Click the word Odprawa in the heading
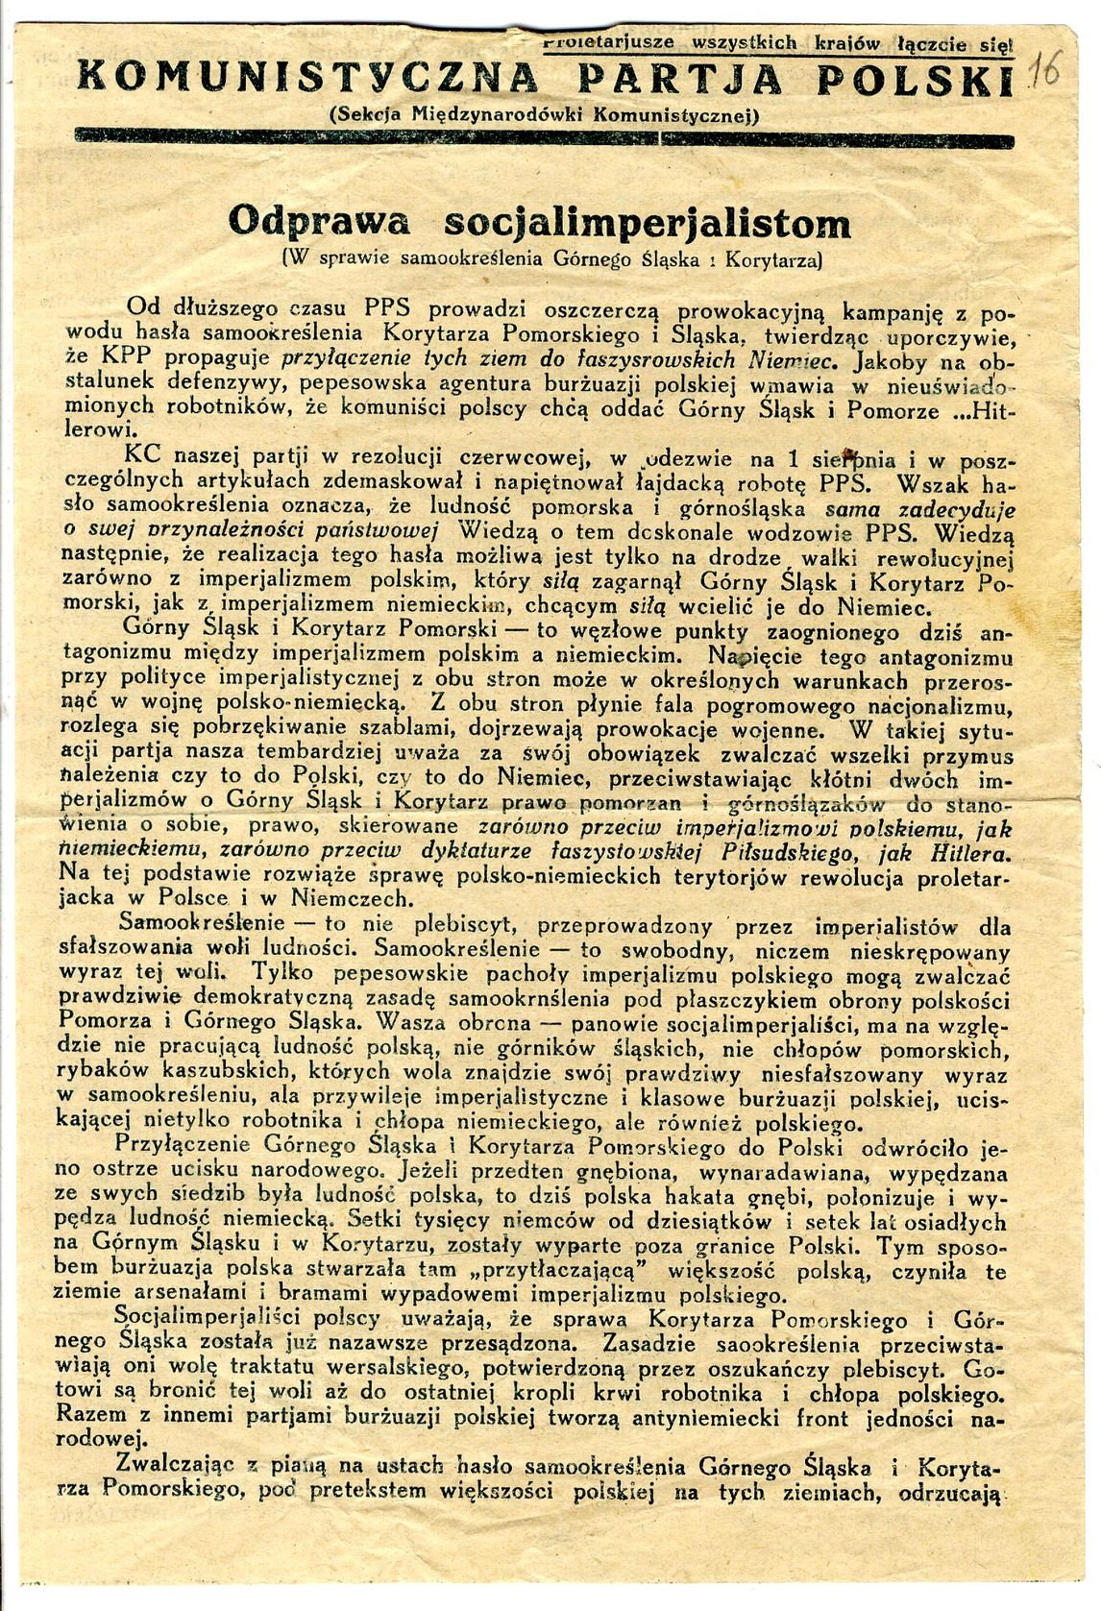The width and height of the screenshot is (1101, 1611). (x=318, y=223)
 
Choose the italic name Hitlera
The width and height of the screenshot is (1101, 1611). (x=966, y=852)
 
